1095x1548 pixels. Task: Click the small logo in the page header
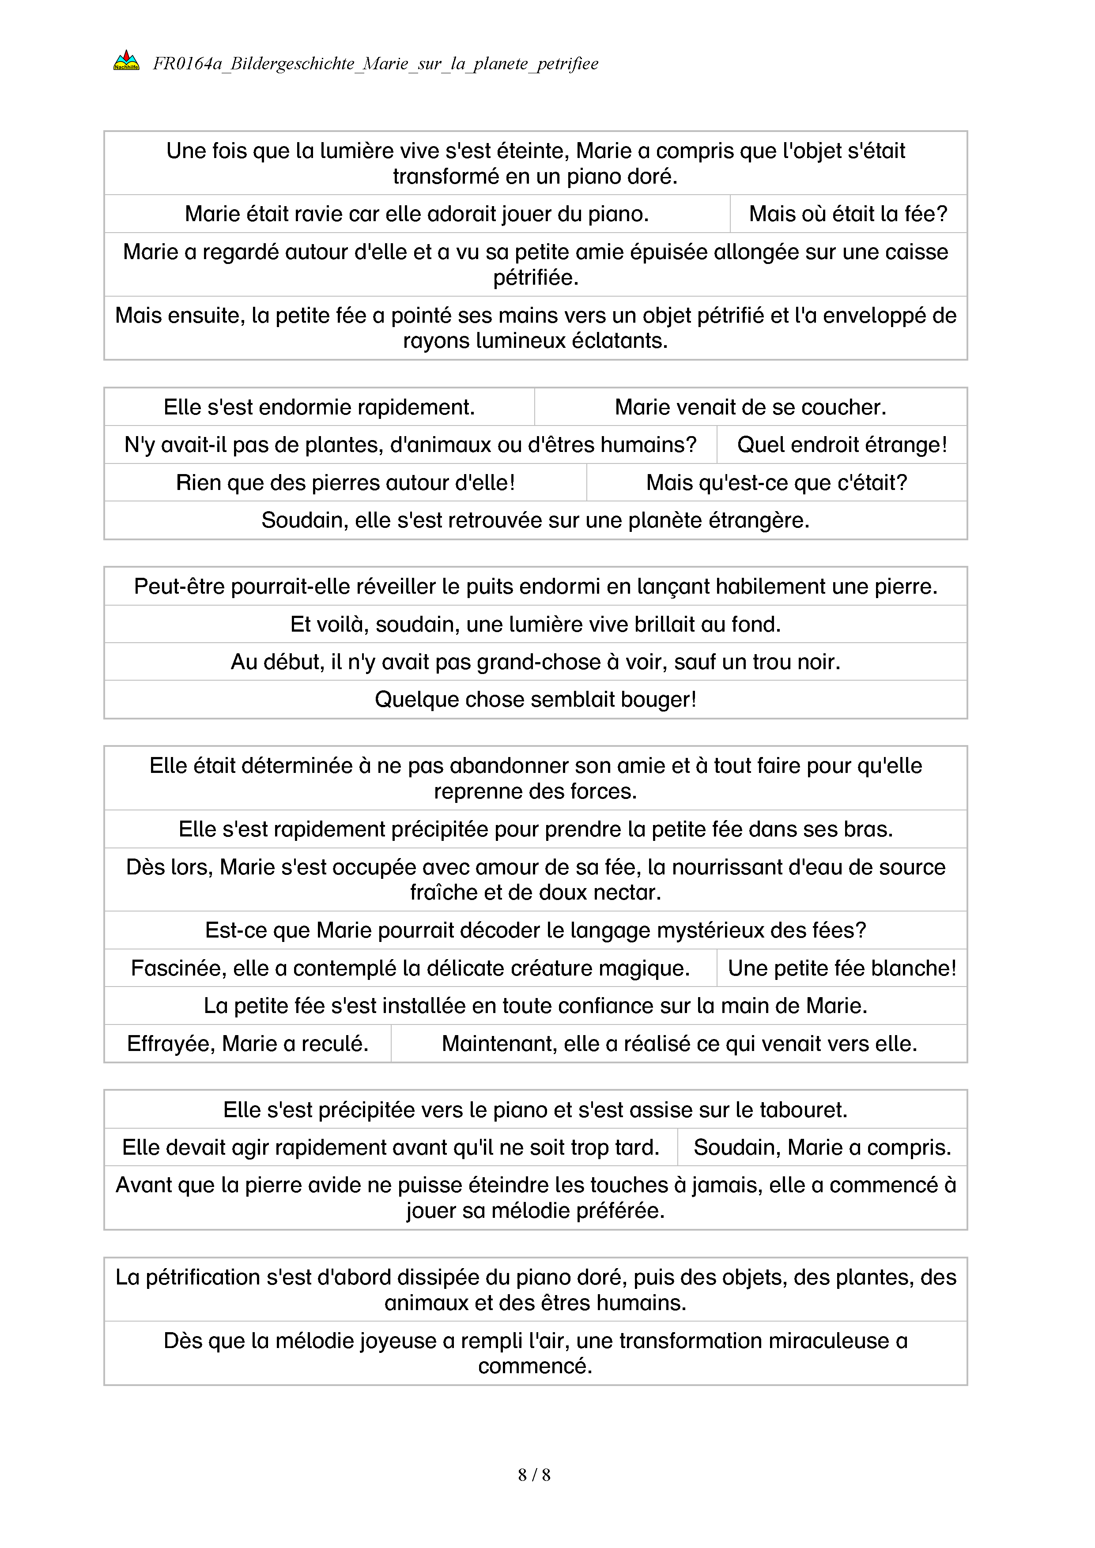click(x=126, y=61)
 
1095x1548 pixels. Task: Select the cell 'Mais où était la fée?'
click(x=848, y=214)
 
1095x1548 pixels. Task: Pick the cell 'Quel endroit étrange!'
click(x=842, y=444)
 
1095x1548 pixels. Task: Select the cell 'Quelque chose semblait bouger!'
click(x=536, y=699)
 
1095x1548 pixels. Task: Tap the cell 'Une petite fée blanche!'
click(x=842, y=968)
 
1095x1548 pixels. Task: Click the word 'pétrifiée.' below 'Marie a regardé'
click(x=536, y=277)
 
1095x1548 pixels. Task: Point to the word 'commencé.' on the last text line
click(x=536, y=1367)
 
